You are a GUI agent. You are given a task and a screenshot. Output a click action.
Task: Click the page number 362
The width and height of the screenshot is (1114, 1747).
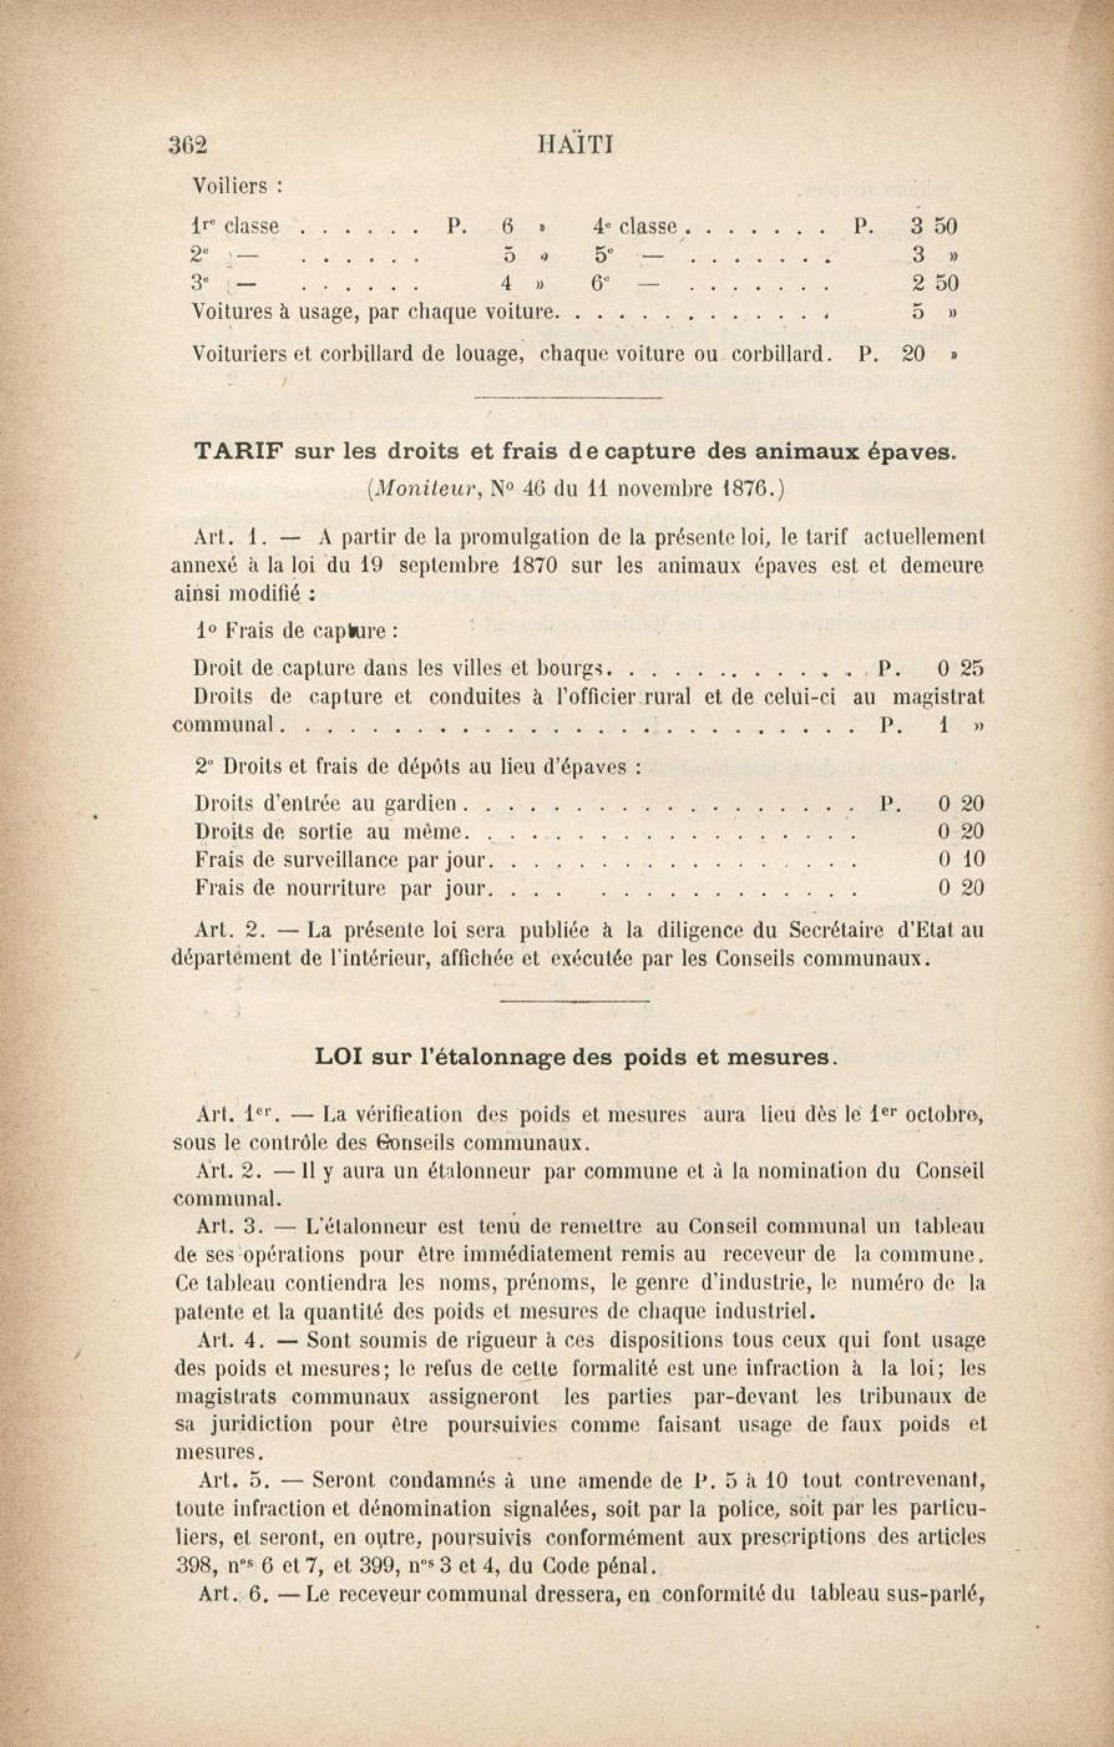pos(188,145)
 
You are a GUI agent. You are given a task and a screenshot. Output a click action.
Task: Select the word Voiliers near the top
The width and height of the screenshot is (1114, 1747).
pos(229,186)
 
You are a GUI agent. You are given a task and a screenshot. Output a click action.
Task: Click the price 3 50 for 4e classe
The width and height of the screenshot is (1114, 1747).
pos(934,226)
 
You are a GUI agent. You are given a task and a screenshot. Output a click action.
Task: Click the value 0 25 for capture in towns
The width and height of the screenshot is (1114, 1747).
pos(960,667)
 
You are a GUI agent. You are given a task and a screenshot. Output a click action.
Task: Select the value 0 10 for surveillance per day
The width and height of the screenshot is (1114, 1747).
pos(961,860)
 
